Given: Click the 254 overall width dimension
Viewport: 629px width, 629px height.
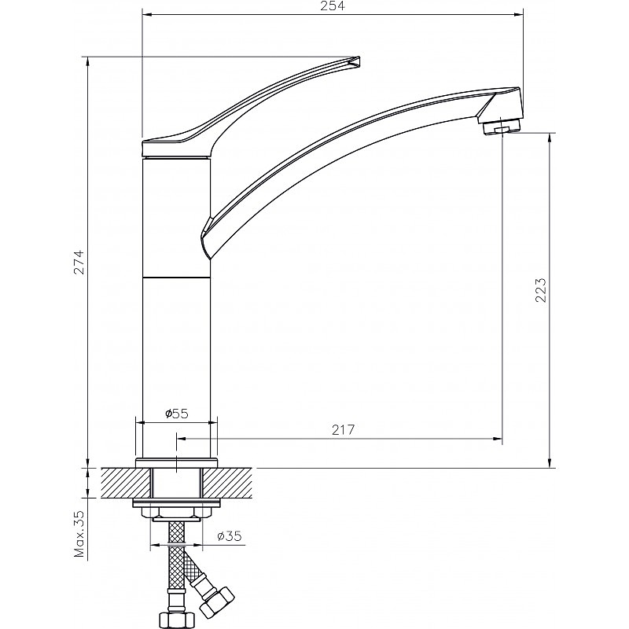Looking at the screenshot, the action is [x=333, y=6].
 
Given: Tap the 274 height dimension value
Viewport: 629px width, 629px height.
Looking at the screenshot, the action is [x=79, y=263].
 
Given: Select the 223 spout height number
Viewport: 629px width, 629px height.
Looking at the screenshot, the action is [x=541, y=290].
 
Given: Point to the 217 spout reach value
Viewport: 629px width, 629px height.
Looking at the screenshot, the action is [x=344, y=429].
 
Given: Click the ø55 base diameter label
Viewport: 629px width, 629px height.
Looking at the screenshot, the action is [x=176, y=414].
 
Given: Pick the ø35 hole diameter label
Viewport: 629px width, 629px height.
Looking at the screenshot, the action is [x=230, y=536].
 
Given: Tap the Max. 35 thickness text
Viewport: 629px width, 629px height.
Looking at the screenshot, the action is [x=79, y=535].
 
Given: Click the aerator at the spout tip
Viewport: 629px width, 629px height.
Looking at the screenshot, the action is [x=502, y=127].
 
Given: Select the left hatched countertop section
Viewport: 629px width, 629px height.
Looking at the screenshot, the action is [x=127, y=483].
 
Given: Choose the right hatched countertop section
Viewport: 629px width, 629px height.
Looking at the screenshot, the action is [x=227, y=483].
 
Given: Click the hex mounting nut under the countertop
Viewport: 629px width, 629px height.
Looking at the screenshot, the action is [x=176, y=513].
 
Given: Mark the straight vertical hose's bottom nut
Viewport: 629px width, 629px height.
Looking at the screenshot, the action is [x=175, y=619].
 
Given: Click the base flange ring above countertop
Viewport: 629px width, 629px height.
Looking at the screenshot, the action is [x=176, y=463].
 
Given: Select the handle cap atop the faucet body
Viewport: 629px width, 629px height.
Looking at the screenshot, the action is [x=176, y=149].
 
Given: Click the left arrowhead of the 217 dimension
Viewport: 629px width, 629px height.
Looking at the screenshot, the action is [x=182, y=439].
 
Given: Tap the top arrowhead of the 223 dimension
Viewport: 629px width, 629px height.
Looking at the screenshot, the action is [x=550, y=138].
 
